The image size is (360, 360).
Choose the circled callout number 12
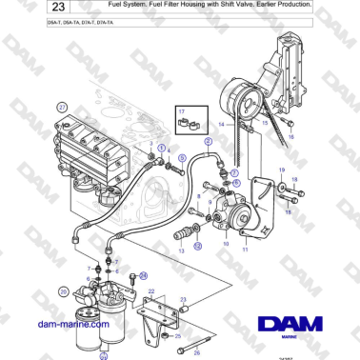pyautogui.click(x=197, y=245)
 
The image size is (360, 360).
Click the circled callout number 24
pyautogui.click(x=143, y=275)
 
